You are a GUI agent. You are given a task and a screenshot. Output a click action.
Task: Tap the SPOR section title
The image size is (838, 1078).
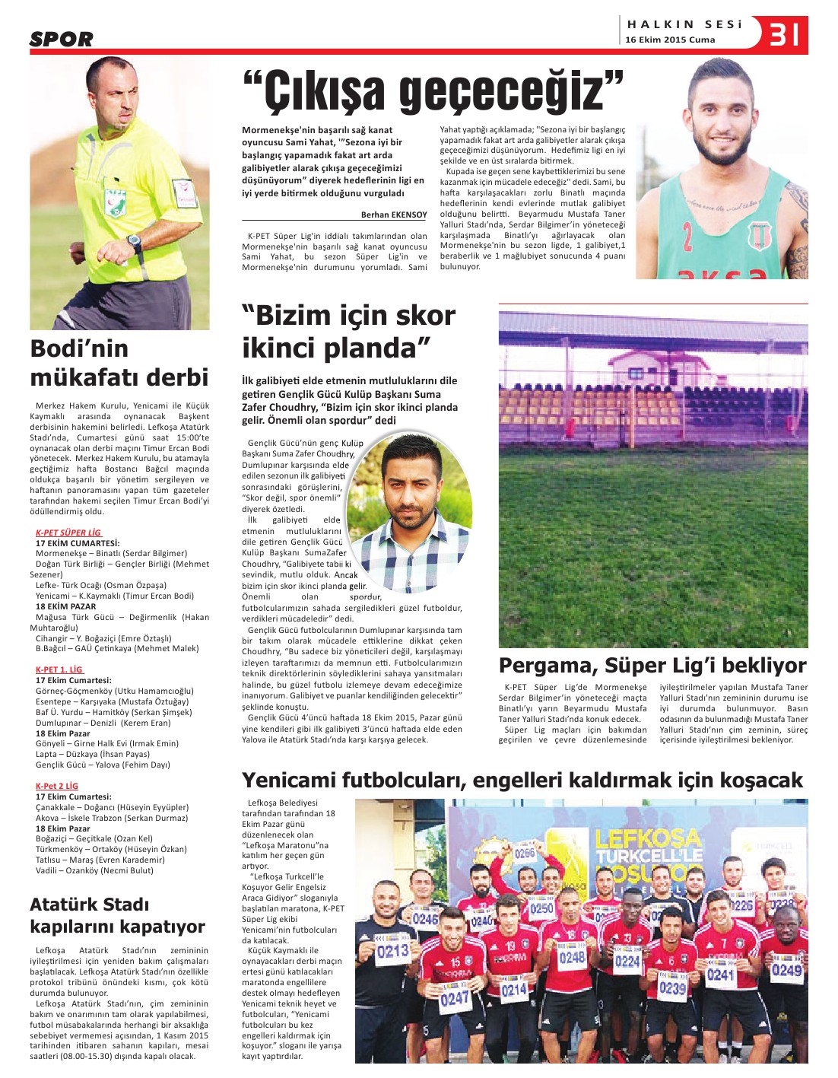[62, 40]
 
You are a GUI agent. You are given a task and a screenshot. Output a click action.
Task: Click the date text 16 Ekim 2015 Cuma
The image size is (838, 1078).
[670, 40]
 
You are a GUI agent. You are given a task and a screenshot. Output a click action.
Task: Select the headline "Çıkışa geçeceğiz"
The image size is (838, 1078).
[433, 91]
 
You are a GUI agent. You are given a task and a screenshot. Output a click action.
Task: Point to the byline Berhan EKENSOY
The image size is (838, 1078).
[393, 215]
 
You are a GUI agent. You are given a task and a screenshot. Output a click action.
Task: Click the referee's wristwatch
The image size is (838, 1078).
[135, 243]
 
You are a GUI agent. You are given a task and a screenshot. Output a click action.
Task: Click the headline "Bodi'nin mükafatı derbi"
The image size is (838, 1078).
[119, 363]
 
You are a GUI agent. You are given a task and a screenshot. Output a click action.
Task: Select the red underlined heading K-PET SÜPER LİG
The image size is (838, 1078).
[68, 533]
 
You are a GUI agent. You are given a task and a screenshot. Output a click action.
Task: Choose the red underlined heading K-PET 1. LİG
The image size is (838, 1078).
[59, 669]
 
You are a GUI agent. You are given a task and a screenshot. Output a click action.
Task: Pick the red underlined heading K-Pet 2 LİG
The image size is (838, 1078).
[57, 786]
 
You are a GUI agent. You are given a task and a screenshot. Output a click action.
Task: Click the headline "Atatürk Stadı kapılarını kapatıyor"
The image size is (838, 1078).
[117, 915]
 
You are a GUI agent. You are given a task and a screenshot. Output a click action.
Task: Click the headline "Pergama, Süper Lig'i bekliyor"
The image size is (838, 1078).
[652, 666]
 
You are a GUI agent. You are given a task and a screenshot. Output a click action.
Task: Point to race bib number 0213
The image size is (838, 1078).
[392, 950]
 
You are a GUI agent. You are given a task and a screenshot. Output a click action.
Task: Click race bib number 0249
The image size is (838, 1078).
[786, 969]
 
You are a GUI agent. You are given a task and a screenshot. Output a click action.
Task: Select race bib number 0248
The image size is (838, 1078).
[572, 957]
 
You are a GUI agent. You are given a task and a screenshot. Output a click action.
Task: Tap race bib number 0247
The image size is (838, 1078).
[455, 997]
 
